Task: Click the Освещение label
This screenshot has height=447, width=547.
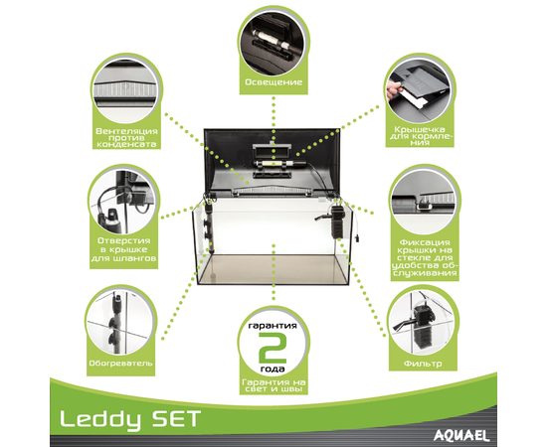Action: pos(273,82)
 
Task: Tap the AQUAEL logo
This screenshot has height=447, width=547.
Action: pos(461,435)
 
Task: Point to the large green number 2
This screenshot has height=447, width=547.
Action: pos(273,348)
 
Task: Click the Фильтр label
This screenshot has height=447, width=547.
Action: pos(423,364)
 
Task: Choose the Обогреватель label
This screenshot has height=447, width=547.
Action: pos(120,363)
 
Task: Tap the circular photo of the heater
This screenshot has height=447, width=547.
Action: pos(120,321)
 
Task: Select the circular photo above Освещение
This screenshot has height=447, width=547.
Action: pos(273,41)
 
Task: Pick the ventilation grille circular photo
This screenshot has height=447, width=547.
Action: pos(126,89)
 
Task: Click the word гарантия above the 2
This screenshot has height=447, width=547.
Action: pos(273,326)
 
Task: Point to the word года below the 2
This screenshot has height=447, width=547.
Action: pos(273,369)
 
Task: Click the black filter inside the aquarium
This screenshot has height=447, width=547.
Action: pos(335,222)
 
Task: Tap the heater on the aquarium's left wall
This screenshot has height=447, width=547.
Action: pos(209,226)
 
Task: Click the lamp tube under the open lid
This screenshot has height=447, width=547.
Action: pos(273,163)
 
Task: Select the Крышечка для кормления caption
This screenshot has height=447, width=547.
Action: pos(421,136)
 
